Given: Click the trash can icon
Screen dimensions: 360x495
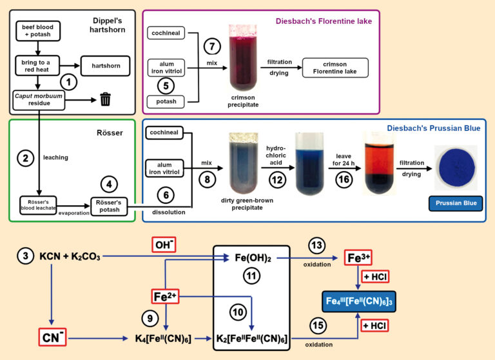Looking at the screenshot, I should coord(106,99).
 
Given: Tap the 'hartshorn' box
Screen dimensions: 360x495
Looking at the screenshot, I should coord(104,65).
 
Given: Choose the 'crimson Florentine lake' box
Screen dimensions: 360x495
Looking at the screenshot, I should coord(335,67).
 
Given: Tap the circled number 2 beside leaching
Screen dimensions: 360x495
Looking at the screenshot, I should coord(25,157).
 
